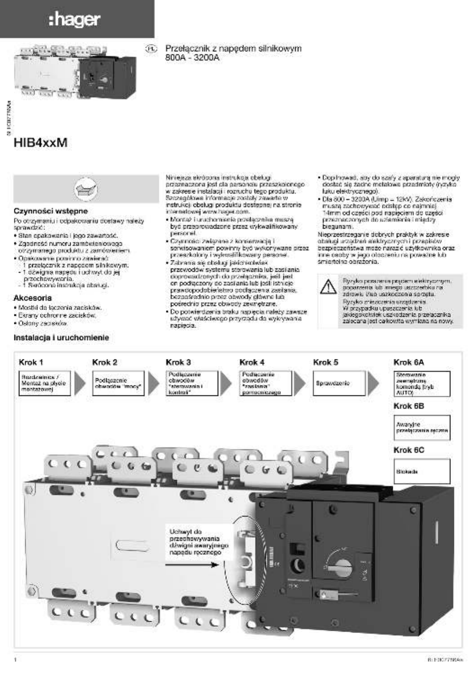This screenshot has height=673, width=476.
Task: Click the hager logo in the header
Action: pos(75,20)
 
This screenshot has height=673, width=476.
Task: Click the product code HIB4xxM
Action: pos(40,143)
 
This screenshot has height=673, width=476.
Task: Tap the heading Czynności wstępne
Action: pos(51,211)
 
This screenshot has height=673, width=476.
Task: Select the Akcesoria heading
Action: pos(32,297)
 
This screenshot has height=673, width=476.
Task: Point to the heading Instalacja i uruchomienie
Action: pos(61,337)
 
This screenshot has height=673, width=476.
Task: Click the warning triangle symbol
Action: pos(329,287)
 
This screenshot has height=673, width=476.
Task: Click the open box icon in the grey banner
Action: pos(86,189)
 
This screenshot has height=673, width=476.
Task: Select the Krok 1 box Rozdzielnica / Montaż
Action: pos(44,383)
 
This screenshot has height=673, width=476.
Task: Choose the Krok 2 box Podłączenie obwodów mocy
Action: pos(118,383)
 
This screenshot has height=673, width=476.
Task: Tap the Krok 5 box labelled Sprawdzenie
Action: pos(339,383)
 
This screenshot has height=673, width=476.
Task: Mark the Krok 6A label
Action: pos(409,362)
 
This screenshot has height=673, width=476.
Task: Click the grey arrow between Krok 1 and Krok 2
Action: pos(80,383)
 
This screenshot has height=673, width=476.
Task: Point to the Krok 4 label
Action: pos(252,362)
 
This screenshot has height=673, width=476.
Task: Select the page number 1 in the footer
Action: pos(16,660)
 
